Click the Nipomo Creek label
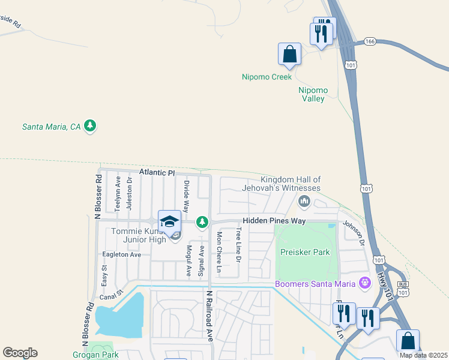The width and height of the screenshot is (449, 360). tap(267, 77)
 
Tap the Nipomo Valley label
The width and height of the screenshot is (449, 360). tap(312, 94)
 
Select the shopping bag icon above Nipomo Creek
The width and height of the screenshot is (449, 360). tap(289, 54)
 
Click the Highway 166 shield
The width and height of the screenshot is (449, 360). tap(370, 41)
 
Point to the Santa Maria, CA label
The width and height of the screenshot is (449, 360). tap(51, 127)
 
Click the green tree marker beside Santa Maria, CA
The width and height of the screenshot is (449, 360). tap(90, 126)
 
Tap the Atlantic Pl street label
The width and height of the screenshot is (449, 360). tap(157, 172)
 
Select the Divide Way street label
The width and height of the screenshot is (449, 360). tap(187, 196)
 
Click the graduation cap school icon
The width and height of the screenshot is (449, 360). tap(169, 221)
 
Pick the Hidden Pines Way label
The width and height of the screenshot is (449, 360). tap(274, 221)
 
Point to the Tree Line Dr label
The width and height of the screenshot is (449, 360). tap(238, 245)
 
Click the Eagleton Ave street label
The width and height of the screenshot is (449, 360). tap(121, 254)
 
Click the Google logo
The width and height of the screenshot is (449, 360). tap(20, 353)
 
